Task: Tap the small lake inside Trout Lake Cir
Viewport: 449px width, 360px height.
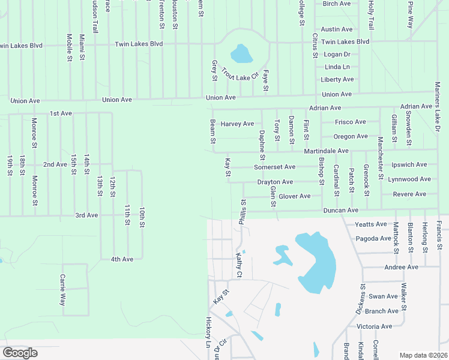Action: (241, 55)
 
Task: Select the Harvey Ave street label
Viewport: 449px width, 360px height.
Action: (237, 124)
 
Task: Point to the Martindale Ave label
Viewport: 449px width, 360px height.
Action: (326, 151)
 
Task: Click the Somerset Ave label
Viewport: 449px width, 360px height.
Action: (274, 167)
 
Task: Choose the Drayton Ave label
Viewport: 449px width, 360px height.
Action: (275, 182)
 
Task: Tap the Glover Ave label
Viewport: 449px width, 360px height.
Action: (294, 196)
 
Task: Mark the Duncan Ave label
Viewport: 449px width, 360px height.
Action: (340, 211)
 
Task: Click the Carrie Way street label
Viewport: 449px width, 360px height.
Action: (62, 290)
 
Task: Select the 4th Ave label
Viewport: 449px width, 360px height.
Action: (122, 259)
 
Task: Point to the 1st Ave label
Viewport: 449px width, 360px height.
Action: (61, 113)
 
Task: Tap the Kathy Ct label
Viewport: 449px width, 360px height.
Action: (238, 265)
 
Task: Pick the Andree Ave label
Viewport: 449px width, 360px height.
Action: (401, 267)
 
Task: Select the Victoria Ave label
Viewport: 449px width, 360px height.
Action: (374, 326)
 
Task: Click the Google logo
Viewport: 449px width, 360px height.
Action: (20, 353)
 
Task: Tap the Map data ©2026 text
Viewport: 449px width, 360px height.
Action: (423, 355)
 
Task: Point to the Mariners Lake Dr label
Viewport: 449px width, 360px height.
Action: (438, 108)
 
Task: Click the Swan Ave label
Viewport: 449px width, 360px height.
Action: (383, 296)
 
